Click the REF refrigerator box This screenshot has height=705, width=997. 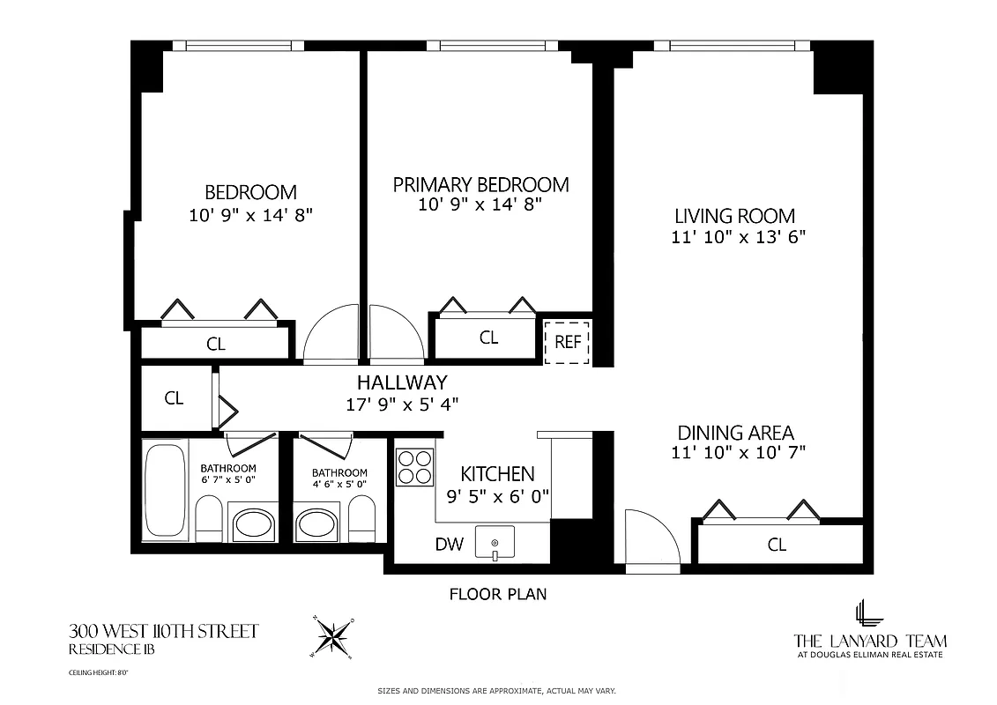click(568, 341)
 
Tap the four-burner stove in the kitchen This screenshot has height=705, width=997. click(414, 467)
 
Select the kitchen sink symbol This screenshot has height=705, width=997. click(495, 541)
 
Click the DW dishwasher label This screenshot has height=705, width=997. click(449, 544)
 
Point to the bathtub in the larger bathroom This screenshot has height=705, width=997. click(164, 490)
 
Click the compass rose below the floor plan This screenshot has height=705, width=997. click(333, 635)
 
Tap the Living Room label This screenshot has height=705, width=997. click(734, 216)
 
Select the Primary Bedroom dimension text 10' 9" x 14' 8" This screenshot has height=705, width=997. click(480, 204)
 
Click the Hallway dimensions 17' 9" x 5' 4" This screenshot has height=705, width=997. click(402, 404)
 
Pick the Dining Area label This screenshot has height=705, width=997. click(735, 433)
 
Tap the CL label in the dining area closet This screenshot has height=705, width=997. click(776, 545)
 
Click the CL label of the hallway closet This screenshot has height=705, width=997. click(175, 398)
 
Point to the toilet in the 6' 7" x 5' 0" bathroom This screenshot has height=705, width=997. click(209, 520)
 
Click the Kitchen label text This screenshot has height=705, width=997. click(498, 473)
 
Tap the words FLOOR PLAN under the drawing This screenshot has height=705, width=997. click(498, 594)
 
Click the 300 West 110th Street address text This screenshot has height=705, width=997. click(164, 631)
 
